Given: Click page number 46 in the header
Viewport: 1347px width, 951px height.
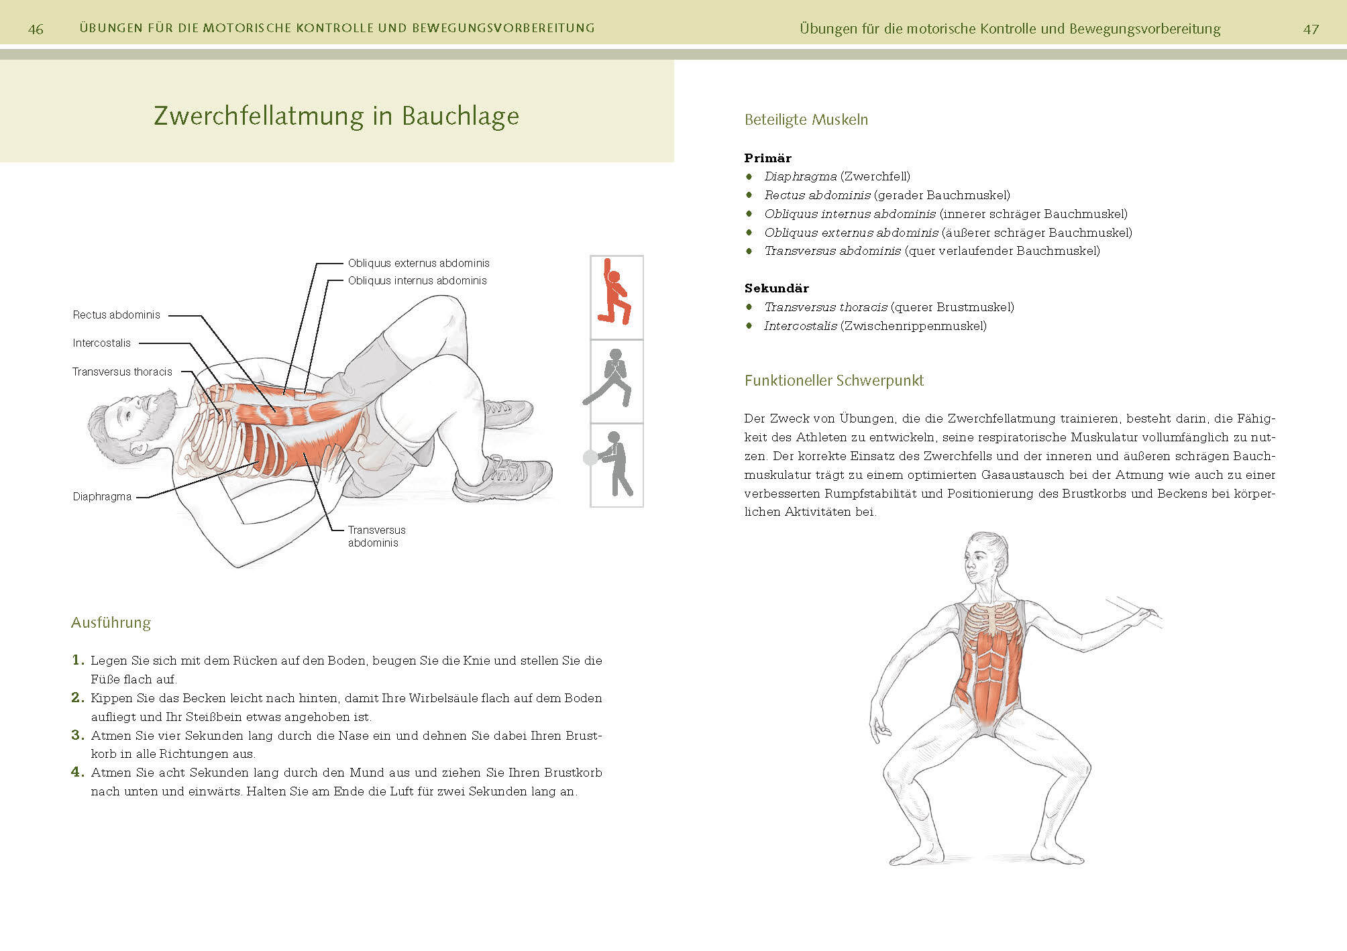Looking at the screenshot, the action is (x=36, y=29).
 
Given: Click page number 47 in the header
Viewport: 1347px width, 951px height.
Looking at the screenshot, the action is (x=1311, y=29).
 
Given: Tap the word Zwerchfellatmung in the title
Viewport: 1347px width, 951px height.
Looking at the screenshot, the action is (x=259, y=116).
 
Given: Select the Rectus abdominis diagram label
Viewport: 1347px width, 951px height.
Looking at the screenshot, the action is (x=117, y=315).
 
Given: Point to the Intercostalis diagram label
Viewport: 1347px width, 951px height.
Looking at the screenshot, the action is (x=102, y=343).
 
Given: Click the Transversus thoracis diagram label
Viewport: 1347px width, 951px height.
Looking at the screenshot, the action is (x=122, y=372).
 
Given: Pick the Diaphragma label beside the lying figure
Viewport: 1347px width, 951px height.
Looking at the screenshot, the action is (x=102, y=496).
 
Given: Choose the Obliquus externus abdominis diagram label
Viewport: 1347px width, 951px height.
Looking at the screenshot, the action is (x=419, y=263).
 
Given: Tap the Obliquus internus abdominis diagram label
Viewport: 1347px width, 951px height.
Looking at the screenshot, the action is (x=417, y=280).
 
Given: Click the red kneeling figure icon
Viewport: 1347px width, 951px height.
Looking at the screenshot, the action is (x=616, y=293).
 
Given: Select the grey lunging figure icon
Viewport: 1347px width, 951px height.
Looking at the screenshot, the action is (x=609, y=378).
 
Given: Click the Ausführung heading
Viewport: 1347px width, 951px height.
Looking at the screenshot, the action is (x=111, y=622).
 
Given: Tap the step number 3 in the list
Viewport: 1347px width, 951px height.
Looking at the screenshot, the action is (x=78, y=735).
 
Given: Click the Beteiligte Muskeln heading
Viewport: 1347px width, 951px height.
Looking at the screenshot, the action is (x=806, y=120).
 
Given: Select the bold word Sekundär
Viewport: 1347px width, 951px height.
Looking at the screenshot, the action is (x=777, y=288).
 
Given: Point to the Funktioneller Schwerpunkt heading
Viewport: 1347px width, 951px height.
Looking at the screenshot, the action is (x=834, y=381).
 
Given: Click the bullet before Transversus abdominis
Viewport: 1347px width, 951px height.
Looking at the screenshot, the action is (x=749, y=251).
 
